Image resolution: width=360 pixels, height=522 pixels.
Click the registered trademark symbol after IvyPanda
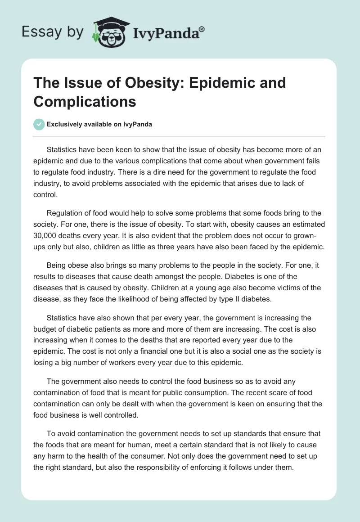click(x=202, y=29)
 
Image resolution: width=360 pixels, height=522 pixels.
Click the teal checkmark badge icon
click(x=39, y=124)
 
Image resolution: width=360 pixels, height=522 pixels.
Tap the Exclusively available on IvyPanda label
click(x=99, y=125)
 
